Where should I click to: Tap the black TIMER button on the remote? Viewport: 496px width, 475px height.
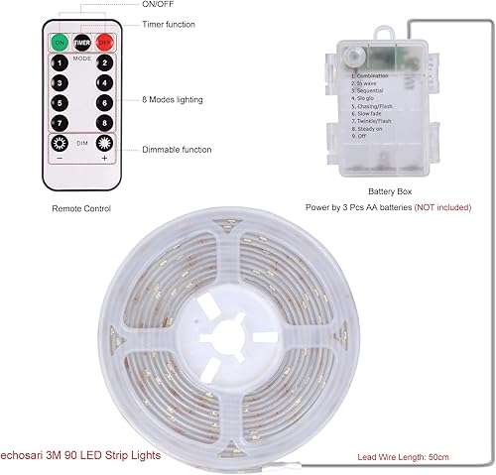tap(81, 43)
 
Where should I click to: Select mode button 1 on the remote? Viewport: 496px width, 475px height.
tap(60, 63)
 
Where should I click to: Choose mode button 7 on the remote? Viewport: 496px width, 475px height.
tap(60, 122)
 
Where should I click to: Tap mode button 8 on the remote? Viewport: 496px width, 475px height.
tap(103, 122)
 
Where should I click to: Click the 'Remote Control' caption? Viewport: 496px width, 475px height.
tap(81, 208)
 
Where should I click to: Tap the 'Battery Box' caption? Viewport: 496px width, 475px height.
tap(390, 190)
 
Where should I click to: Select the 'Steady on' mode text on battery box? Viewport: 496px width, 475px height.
tap(366, 128)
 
